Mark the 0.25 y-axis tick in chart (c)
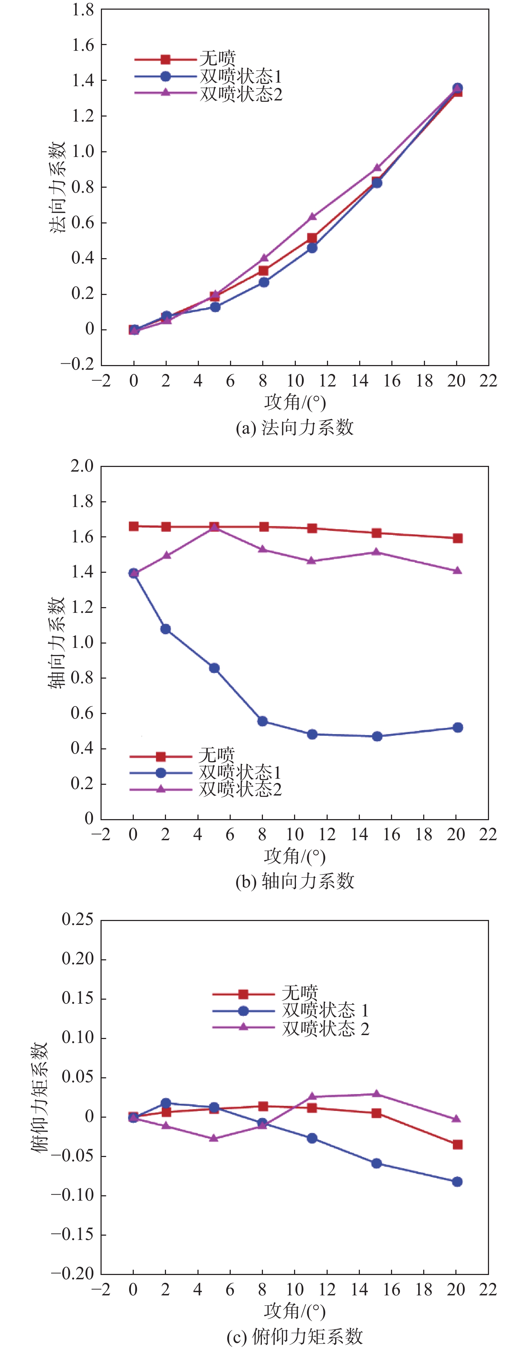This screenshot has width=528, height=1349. coord(78,920)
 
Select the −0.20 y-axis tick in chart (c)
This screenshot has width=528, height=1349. coord(72,1274)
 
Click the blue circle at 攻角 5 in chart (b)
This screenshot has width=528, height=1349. coord(214,668)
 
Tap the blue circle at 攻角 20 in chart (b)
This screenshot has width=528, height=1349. coord(457,727)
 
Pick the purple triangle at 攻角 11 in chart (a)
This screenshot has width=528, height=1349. coord(312,216)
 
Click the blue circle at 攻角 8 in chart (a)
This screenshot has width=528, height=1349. coord(264,282)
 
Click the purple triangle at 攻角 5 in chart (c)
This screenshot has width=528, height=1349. coord(214,1138)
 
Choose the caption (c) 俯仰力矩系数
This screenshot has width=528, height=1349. coord(295,1336)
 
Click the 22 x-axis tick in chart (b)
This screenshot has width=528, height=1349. coord(488,834)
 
